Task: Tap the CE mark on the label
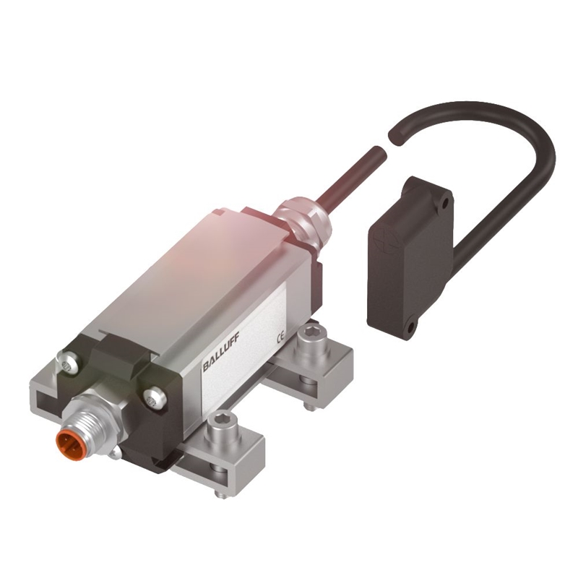coord(280,337)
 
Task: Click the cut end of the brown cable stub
coord(376,152)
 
